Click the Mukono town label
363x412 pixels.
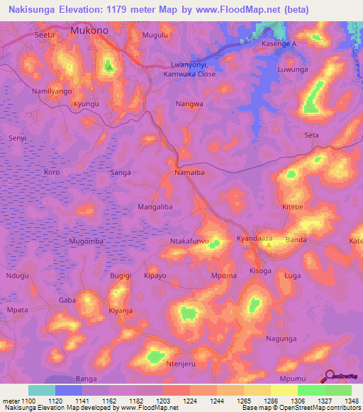click(88, 31)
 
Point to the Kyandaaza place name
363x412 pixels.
click(255, 239)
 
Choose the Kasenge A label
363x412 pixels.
click(278, 44)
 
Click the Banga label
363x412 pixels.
click(86, 379)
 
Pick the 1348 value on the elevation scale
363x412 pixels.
click(351, 401)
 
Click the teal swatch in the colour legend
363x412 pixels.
click(42, 390)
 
